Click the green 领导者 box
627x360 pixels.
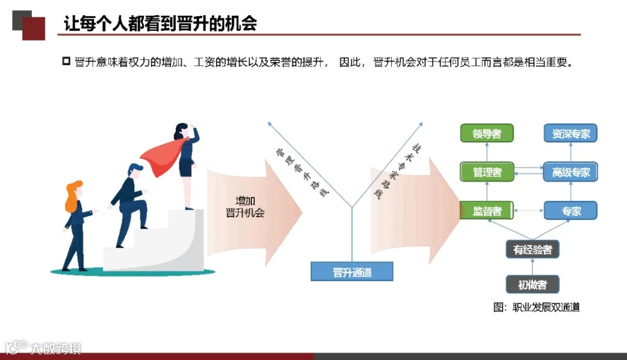[x=487, y=134]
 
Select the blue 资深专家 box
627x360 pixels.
[x=571, y=134]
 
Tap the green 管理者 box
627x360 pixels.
[x=487, y=172]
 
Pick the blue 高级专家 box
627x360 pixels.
[x=571, y=172]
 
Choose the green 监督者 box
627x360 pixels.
[x=487, y=210]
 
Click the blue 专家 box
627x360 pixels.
[x=571, y=210]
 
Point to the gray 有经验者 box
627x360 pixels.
[x=532, y=250]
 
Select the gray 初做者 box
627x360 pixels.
[x=532, y=285]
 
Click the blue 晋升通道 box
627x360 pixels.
[x=352, y=272]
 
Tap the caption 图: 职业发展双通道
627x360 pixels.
[x=537, y=307]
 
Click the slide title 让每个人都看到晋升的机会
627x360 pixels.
[x=160, y=24]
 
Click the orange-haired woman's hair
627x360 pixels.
[x=73, y=196]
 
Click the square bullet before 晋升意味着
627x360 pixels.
[x=66, y=62]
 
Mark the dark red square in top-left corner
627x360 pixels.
[x=34, y=28]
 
